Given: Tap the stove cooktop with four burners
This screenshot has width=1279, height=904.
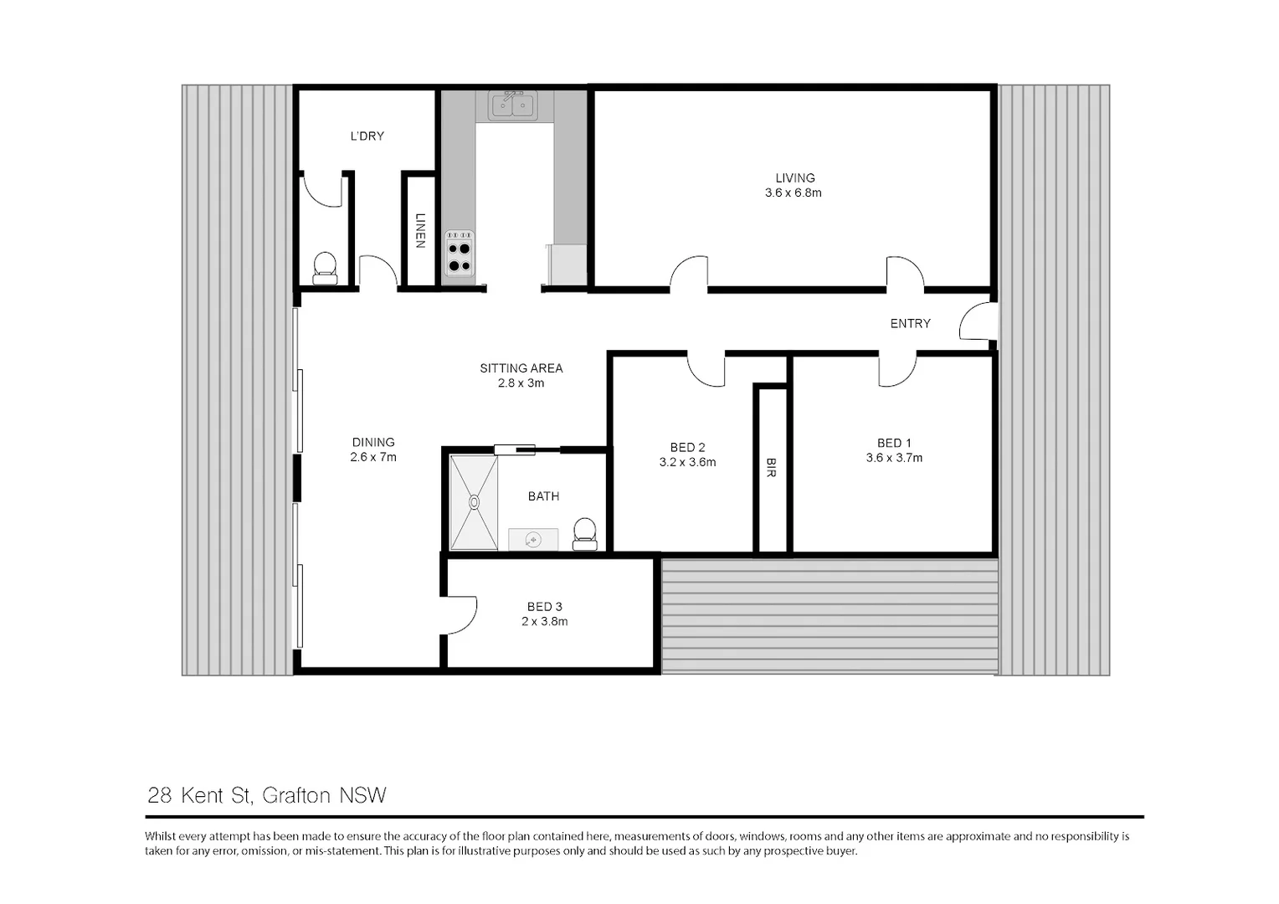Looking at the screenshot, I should pos(459,255).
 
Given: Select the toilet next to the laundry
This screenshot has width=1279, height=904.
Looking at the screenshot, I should pos(324,266).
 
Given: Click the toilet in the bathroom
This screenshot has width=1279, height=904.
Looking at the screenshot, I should pos(584,532).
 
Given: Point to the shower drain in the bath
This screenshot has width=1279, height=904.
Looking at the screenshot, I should pos(474,502).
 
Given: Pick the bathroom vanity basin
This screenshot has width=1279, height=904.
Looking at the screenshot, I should pos(533,540).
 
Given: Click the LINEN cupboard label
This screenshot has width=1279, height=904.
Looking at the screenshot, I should pos(420,230).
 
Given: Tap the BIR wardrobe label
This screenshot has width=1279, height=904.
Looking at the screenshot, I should pos(771,467).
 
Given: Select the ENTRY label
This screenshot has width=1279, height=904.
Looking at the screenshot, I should pos(910,324).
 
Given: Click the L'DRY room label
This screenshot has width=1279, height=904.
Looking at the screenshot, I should pos(367,136).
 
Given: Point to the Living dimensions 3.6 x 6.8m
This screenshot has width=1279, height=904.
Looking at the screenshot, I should pos(793,193).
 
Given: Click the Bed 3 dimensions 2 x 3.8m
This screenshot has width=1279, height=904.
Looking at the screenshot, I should pos(544,622).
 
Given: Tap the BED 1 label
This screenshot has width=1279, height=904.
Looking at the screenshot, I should pos(894,443).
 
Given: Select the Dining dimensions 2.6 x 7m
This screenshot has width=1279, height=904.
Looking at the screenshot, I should pos(373,458).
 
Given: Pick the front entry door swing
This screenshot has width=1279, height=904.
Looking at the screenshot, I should pos(976,322).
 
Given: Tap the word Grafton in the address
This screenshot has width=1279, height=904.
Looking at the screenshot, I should pos(296,795).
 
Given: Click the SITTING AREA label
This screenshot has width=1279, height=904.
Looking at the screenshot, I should pos(521,368).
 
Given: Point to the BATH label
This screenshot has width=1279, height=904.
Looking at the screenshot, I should pos(543,496).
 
